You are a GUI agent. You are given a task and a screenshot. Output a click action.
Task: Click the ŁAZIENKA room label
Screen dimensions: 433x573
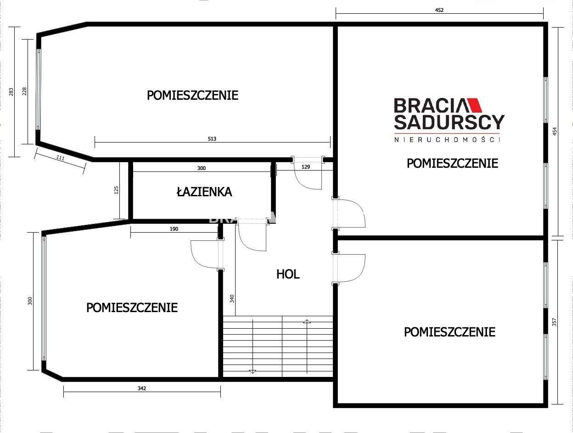pos(204,192)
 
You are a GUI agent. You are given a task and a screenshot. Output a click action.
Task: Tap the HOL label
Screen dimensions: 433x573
pos(288,274)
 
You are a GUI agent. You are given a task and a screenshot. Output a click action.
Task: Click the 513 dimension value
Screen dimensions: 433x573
pos(212,139)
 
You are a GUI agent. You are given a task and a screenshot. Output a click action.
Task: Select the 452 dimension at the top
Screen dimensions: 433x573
pos(439,10)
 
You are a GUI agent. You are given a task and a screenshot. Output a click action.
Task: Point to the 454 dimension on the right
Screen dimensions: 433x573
pos(554,131)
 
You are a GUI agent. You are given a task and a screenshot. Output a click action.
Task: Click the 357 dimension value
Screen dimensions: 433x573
pos(554,322)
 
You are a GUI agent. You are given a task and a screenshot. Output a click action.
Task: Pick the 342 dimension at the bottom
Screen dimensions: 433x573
pos(141,388)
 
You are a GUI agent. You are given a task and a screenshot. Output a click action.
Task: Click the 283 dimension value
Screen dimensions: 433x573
pos(11,92)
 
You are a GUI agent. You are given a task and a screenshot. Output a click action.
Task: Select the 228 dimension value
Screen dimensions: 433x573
pos(24,92)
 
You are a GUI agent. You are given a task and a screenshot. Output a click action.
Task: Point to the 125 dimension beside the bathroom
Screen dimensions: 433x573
pos(116,190)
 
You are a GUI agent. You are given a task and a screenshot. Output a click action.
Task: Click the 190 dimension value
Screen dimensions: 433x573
pos(174,228)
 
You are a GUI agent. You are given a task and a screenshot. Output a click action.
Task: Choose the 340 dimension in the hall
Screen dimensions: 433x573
pos(232,298)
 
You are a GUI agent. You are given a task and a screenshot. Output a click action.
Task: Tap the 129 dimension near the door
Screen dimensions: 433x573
pos(306,167)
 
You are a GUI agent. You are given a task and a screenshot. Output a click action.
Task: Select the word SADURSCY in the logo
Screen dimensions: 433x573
pos(449,122)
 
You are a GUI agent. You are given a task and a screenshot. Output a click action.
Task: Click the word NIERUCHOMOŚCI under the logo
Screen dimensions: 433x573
pos(447,139)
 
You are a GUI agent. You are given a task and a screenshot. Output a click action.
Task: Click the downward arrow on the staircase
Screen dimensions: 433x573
pos(252,370)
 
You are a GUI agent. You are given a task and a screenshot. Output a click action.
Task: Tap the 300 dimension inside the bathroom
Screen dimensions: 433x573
pos(201,168)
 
